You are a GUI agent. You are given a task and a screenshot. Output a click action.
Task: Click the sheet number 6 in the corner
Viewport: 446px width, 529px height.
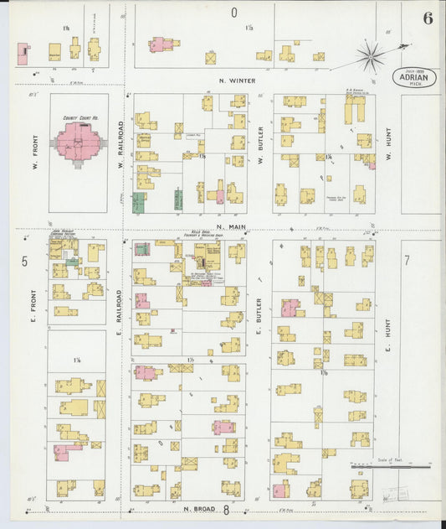click(428, 18)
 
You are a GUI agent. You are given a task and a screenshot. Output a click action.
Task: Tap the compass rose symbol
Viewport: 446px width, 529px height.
click(370, 56)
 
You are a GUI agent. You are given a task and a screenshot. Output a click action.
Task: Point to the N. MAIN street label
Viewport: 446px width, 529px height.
click(228, 226)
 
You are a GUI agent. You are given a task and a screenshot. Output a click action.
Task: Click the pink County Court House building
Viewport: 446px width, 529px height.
click(79, 142)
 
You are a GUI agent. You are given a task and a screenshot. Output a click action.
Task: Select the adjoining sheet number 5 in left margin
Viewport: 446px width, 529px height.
click(24, 262)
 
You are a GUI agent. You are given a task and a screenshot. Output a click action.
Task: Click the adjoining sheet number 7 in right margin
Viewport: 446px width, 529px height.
click(407, 261)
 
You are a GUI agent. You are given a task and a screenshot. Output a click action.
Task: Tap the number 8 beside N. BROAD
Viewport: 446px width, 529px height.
click(225, 509)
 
